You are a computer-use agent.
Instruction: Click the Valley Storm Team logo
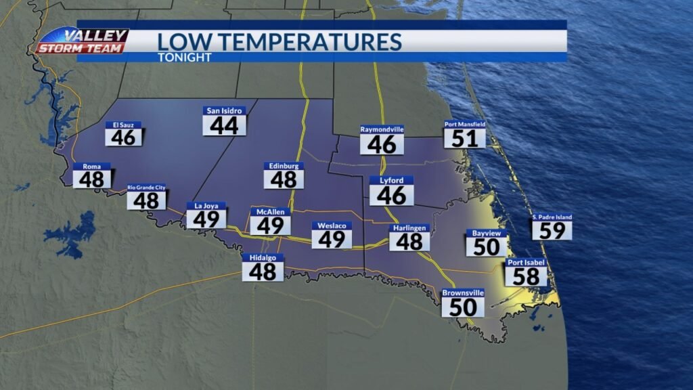click(81, 41)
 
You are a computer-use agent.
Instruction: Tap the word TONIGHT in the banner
click(184, 58)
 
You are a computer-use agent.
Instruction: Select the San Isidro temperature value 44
click(224, 125)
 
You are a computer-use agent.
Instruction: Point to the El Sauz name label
click(124, 125)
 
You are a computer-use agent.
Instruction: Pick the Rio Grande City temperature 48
click(146, 200)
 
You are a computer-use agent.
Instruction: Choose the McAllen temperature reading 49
click(270, 225)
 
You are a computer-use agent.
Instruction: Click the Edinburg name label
click(284, 166)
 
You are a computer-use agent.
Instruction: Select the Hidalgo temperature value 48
click(263, 271)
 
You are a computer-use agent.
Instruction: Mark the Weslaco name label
click(332, 225)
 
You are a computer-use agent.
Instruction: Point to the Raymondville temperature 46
click(382, 144)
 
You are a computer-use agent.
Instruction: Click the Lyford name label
click(391, 181)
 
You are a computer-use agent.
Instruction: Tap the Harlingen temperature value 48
click(409, 241)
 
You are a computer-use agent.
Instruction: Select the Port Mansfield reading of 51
click(465, 138)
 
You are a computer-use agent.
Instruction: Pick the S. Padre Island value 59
click(552, 230)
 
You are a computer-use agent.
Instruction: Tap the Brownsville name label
click(463, 293)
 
